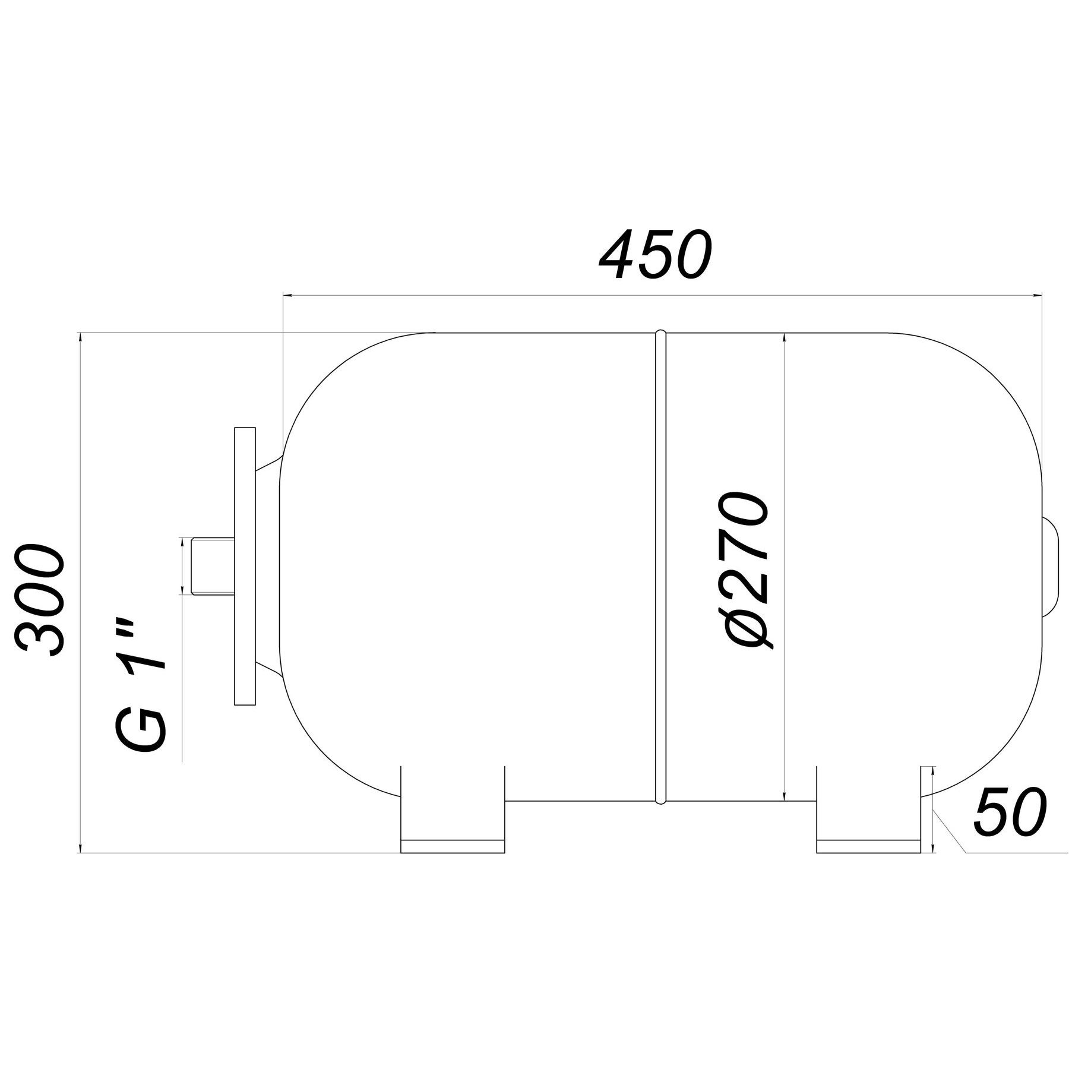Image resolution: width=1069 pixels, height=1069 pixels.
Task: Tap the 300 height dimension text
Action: (x=40, y=602)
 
